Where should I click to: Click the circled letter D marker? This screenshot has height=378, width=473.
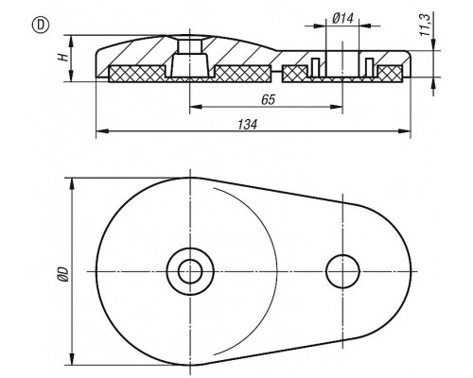coord(41,26)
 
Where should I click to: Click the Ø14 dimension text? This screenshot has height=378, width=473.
coord(342,19)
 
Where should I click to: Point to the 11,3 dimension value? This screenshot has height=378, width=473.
coord(426,25)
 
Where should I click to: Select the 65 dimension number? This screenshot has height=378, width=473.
coord(269,99)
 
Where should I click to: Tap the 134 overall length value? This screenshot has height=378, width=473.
coord(248,125)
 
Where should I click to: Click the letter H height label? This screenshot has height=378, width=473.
coord(63,57)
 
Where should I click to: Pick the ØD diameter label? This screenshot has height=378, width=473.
coord(63,273)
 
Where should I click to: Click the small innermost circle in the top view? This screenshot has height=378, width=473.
coord(190,271)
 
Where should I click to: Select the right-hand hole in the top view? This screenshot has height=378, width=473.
coord(342,271)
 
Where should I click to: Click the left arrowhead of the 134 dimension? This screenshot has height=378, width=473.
coord(101,131)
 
